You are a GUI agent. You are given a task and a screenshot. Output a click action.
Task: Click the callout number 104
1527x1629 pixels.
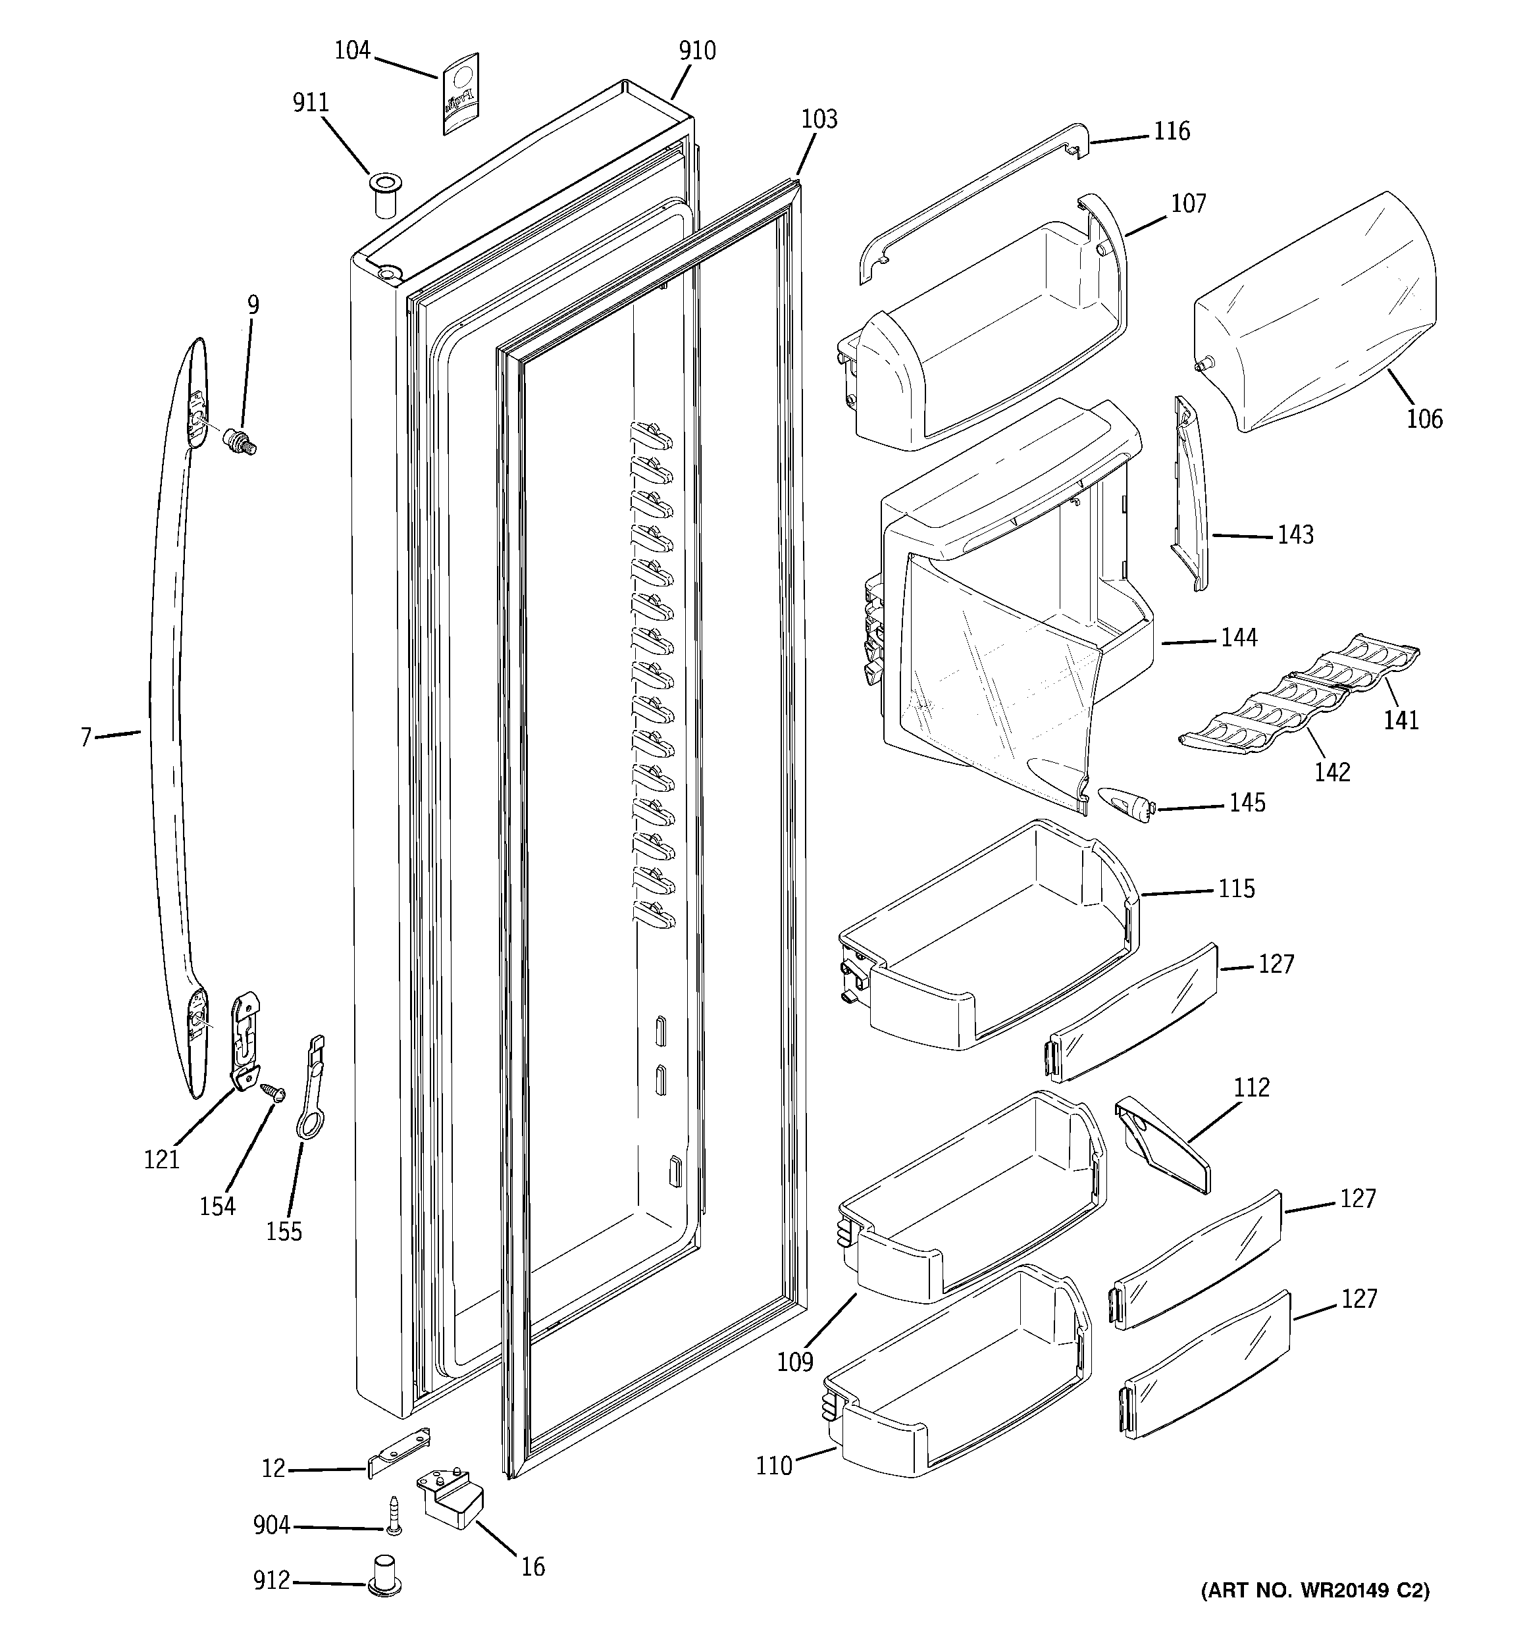pyautogui.click(x=352, y=51)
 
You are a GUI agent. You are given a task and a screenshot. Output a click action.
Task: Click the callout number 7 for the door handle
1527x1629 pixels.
pyautogui.click(x=86, y=737)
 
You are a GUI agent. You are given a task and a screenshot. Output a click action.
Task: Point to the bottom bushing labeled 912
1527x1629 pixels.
pyautogui.click(x=385, y=1574)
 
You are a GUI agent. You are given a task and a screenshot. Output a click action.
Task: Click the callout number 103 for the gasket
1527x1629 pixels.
pyautogui.click(x=819, y=120)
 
